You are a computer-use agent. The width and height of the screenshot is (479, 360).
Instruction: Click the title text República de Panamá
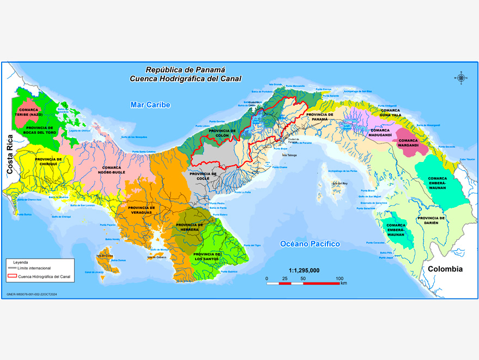(x=185, y=70)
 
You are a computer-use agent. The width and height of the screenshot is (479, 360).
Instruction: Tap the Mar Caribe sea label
(x=150, y=105)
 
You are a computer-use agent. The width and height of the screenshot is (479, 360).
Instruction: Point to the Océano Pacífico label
(x=310, y=244)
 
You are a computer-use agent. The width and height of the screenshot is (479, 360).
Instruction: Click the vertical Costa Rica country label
(x=9, y=154)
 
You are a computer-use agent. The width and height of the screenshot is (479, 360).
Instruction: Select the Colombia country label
(x=445, y=269)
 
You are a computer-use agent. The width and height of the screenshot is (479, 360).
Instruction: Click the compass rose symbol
(x=461, y=77)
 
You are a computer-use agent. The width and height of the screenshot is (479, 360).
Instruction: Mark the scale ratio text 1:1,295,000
(x=304, y=271)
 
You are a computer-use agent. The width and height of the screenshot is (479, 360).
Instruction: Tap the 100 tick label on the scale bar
(x=339, y=278)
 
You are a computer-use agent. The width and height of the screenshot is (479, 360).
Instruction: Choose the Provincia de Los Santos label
(x=207, y=256)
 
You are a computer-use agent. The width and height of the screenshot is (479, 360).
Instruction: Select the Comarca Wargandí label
(x=408, y=143)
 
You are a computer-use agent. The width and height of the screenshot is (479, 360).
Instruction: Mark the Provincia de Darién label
(x=431, y=220)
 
